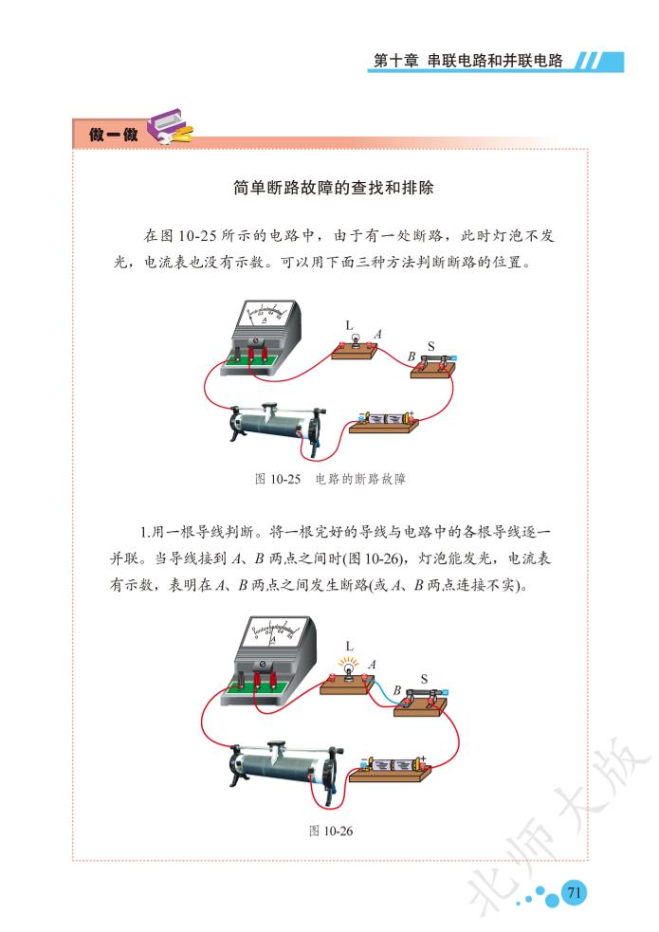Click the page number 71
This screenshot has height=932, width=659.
[574, 892]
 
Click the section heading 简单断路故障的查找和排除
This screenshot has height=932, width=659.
[334, 188]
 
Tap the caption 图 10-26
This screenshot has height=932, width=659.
[331, 831]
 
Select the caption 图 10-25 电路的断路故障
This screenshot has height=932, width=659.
[330, 479]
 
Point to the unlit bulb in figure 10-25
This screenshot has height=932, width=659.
[356, 339]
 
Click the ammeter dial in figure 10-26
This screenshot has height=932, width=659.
[275, 630]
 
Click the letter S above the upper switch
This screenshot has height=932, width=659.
[430, 346]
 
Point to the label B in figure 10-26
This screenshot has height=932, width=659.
[397, 690]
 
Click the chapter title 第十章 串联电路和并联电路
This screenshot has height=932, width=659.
[467, 61]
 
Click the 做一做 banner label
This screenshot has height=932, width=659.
[114, 135]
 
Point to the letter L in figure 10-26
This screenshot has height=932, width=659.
[349, 646]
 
